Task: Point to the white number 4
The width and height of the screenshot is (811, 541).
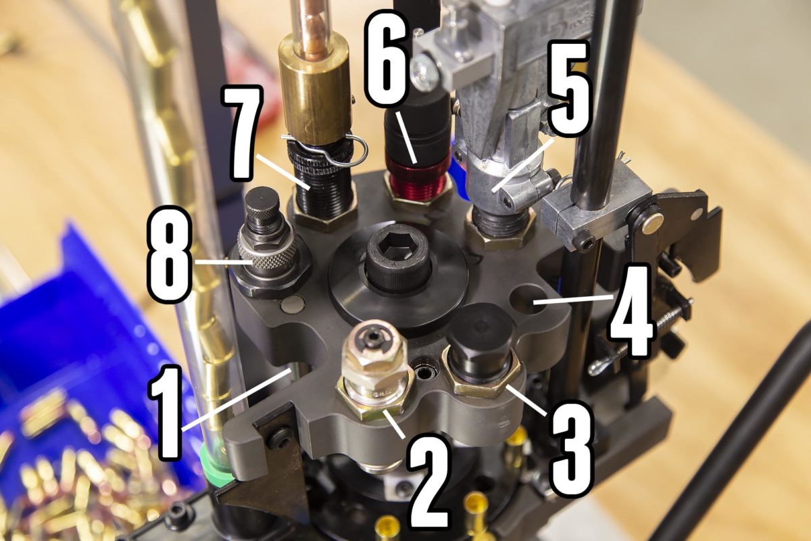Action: coord(632,312)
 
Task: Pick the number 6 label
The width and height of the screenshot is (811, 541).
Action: coord(389,57)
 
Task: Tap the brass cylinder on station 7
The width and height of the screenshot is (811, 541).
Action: coord(315,88)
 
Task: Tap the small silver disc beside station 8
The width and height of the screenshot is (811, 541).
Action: coord(292,304)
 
